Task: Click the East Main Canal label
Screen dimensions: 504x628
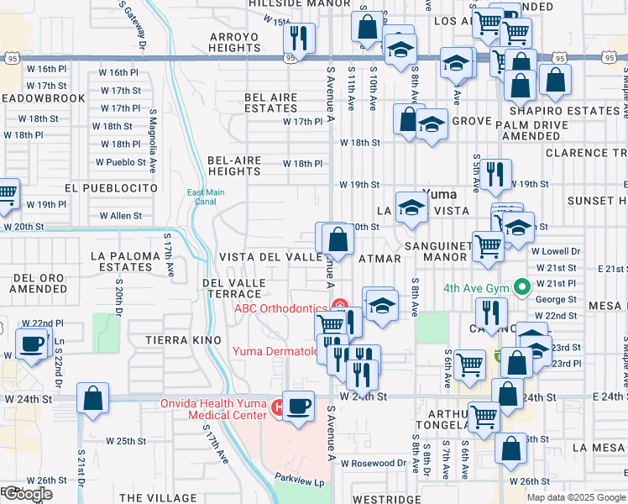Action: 205,197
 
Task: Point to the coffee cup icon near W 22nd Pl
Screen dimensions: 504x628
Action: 32,344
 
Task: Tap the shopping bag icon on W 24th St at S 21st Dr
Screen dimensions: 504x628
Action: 93,398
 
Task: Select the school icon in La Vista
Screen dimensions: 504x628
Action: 411,208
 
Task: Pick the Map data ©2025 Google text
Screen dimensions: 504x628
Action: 575,497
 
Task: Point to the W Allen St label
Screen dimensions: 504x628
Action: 121,216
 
